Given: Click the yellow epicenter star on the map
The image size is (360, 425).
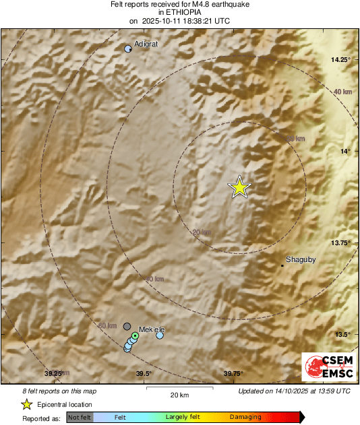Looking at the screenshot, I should click(x=239, y=187).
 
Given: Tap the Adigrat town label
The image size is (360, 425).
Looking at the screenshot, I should click(x=146, y=44).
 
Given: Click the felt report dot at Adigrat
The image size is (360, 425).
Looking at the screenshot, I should click(x=128, y=48).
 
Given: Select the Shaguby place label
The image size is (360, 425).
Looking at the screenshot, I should click(x=301, y=259).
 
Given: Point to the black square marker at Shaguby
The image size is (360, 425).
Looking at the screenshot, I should click(x=282, y=265).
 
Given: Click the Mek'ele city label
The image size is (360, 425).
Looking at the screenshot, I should click(x=152, y=329).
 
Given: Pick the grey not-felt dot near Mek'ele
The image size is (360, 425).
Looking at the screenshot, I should click(x=127, y=327).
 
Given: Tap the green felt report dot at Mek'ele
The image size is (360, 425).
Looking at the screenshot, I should click(x=135, y=335).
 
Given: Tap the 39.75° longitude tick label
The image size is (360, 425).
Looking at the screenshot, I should click(x=233, y=374).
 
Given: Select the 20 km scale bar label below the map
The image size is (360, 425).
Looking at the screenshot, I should click(x=179, y=395).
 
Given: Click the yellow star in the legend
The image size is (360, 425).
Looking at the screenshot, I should click(x=26, y=404).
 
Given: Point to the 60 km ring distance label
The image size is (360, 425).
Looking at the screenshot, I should click(x=107, y=325).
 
